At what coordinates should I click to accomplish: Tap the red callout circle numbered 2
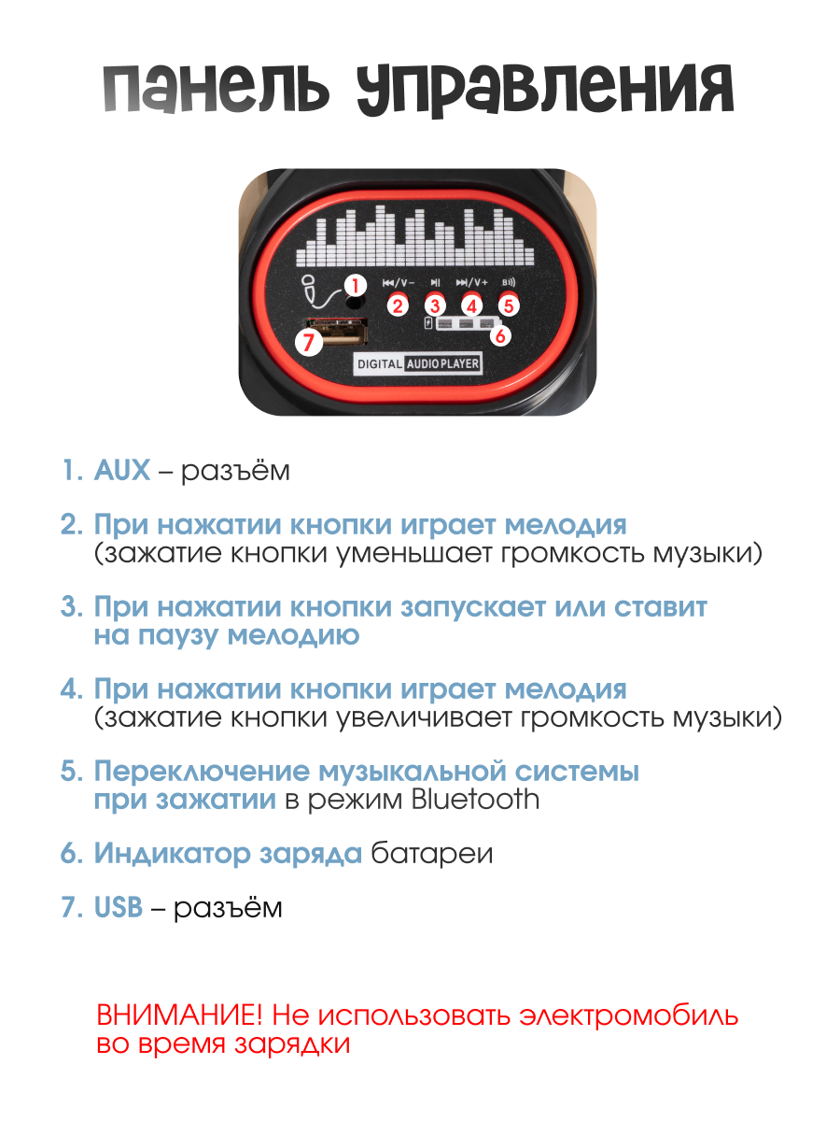399,305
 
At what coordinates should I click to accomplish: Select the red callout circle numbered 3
435,305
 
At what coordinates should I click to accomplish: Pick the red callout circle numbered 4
471,305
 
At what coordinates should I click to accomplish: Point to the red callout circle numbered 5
508,305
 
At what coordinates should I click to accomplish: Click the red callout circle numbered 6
500,334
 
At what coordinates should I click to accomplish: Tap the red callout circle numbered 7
309,342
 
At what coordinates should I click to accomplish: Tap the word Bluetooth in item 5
472,800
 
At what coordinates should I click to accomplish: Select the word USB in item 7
119,908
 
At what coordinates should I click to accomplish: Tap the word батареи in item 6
431,854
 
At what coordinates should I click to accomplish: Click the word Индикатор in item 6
158,854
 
